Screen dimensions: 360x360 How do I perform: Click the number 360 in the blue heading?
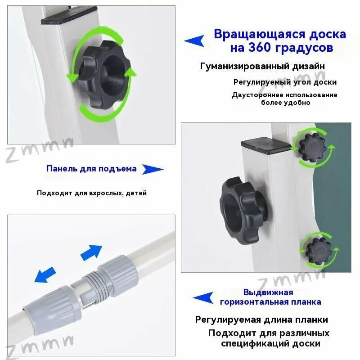pyautogui.click(x=258, y=48)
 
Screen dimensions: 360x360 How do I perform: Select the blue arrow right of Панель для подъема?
pyautogui.click(x=153, y=169)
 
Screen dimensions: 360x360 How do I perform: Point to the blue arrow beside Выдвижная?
pyautogui.click(x=203, y=297)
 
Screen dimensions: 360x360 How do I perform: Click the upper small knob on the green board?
pyautogui.click(x=312, y=148)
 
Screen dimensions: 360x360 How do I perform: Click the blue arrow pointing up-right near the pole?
pyautogui.click(x=91, y=252)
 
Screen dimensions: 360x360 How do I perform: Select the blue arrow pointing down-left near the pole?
pyautogui.click(x=45, y=274)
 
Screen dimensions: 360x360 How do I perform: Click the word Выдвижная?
pyautogui.click(x=268, y=292)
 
